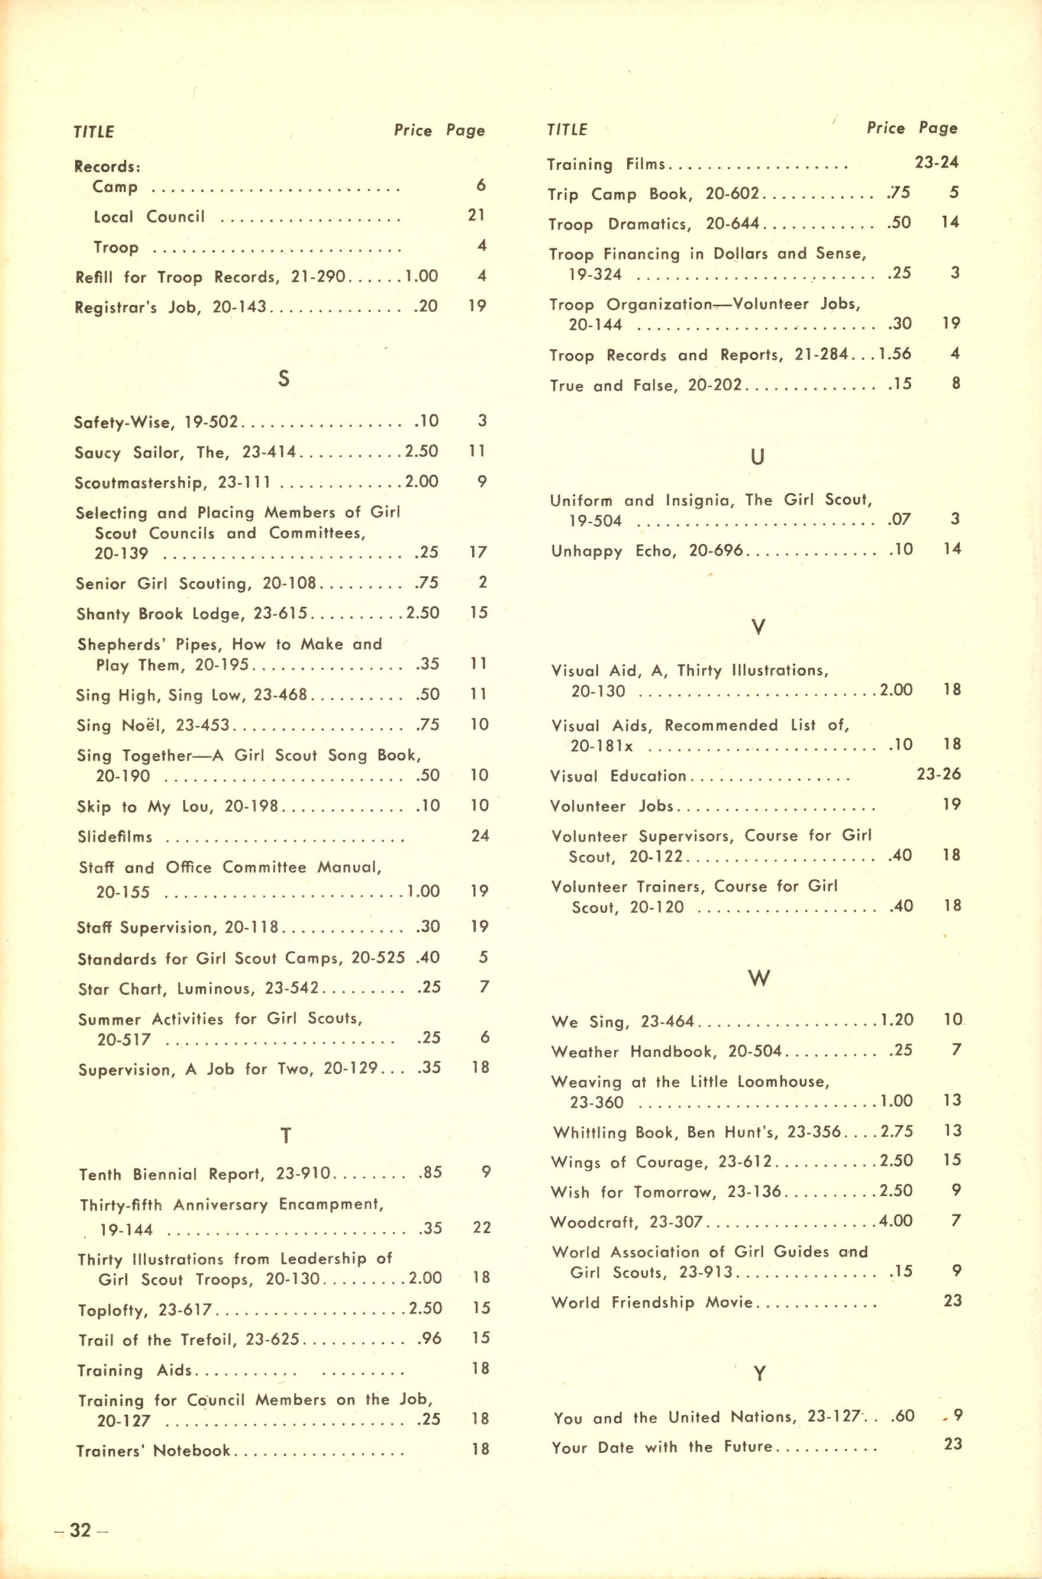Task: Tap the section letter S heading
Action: point(284,379)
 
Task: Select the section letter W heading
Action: point(759,979)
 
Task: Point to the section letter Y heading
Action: point(759,1373)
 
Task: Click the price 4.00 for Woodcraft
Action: point(896,1221)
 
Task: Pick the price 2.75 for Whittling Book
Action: point(896,1131)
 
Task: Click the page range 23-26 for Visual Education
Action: point(938,774)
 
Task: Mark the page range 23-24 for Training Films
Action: point(936,162)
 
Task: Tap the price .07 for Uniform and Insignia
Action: point(899,519)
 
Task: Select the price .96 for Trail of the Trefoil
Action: point(431,1339)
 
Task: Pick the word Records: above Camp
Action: point(107,166)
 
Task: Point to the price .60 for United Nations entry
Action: point(904,1416)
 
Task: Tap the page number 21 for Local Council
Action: point(476,215)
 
